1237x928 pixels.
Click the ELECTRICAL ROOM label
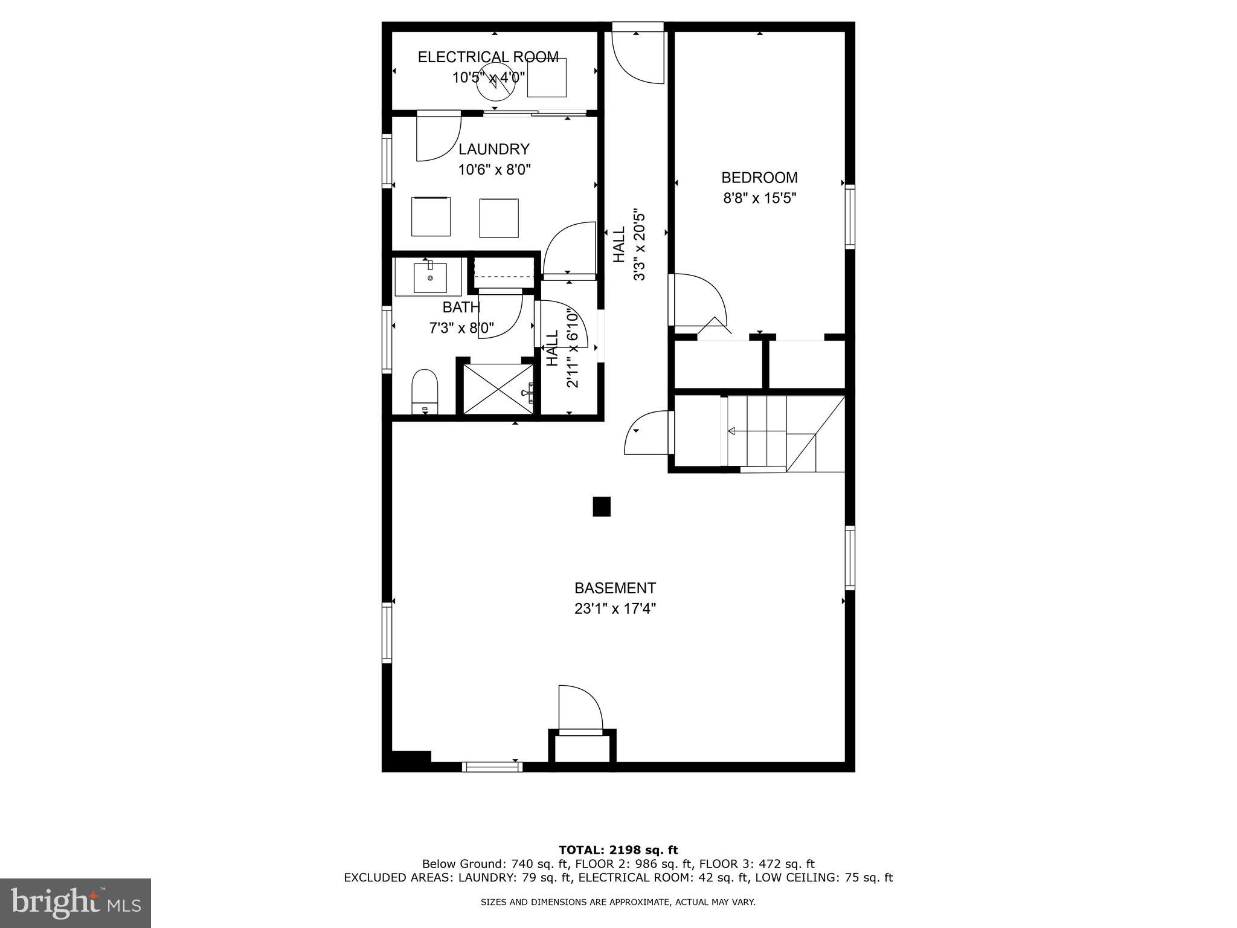tap(488, 57)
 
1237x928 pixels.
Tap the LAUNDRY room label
tap(493, 149)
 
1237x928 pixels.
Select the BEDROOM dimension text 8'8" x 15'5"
tap(760, 198)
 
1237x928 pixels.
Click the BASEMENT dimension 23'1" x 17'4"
tap(615, 608)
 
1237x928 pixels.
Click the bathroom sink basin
tap(430, 277)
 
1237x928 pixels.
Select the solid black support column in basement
tap(602, 506)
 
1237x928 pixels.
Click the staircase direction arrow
tap(731, 431)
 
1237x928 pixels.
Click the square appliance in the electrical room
tap(547, 77)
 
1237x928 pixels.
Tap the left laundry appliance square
tap(431, 216)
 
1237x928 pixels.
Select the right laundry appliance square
tap(499, 218)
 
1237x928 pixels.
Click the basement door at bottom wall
tap(580, 709)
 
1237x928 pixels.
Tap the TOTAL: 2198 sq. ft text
tap(618, 850)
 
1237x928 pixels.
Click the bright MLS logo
tap(76, 903)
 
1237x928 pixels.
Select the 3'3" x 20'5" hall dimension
tap(639, 245)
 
